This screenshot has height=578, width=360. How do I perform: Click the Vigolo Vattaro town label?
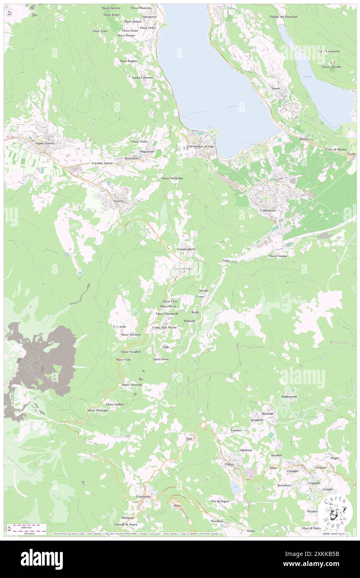45,143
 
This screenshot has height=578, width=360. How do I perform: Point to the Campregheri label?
186,249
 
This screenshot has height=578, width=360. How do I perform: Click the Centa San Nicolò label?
165,327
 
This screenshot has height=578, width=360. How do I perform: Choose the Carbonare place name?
143,496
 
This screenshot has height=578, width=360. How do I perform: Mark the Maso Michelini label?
173,178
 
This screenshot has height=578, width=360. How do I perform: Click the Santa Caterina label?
142,77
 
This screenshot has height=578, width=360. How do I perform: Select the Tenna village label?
275,88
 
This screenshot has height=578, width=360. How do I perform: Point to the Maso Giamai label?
278,256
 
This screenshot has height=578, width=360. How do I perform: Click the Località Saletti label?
102,163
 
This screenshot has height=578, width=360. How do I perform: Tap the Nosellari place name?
217,521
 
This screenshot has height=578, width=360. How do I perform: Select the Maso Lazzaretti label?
328,51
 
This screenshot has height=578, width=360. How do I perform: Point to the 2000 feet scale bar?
25,526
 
